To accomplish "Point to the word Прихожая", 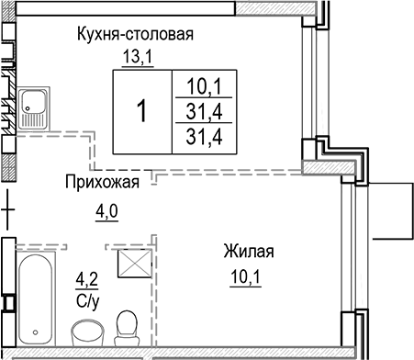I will click(x=101, y=182).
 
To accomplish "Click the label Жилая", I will click(x=248, y=251).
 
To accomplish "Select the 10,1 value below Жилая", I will click(x=248, y=273).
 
